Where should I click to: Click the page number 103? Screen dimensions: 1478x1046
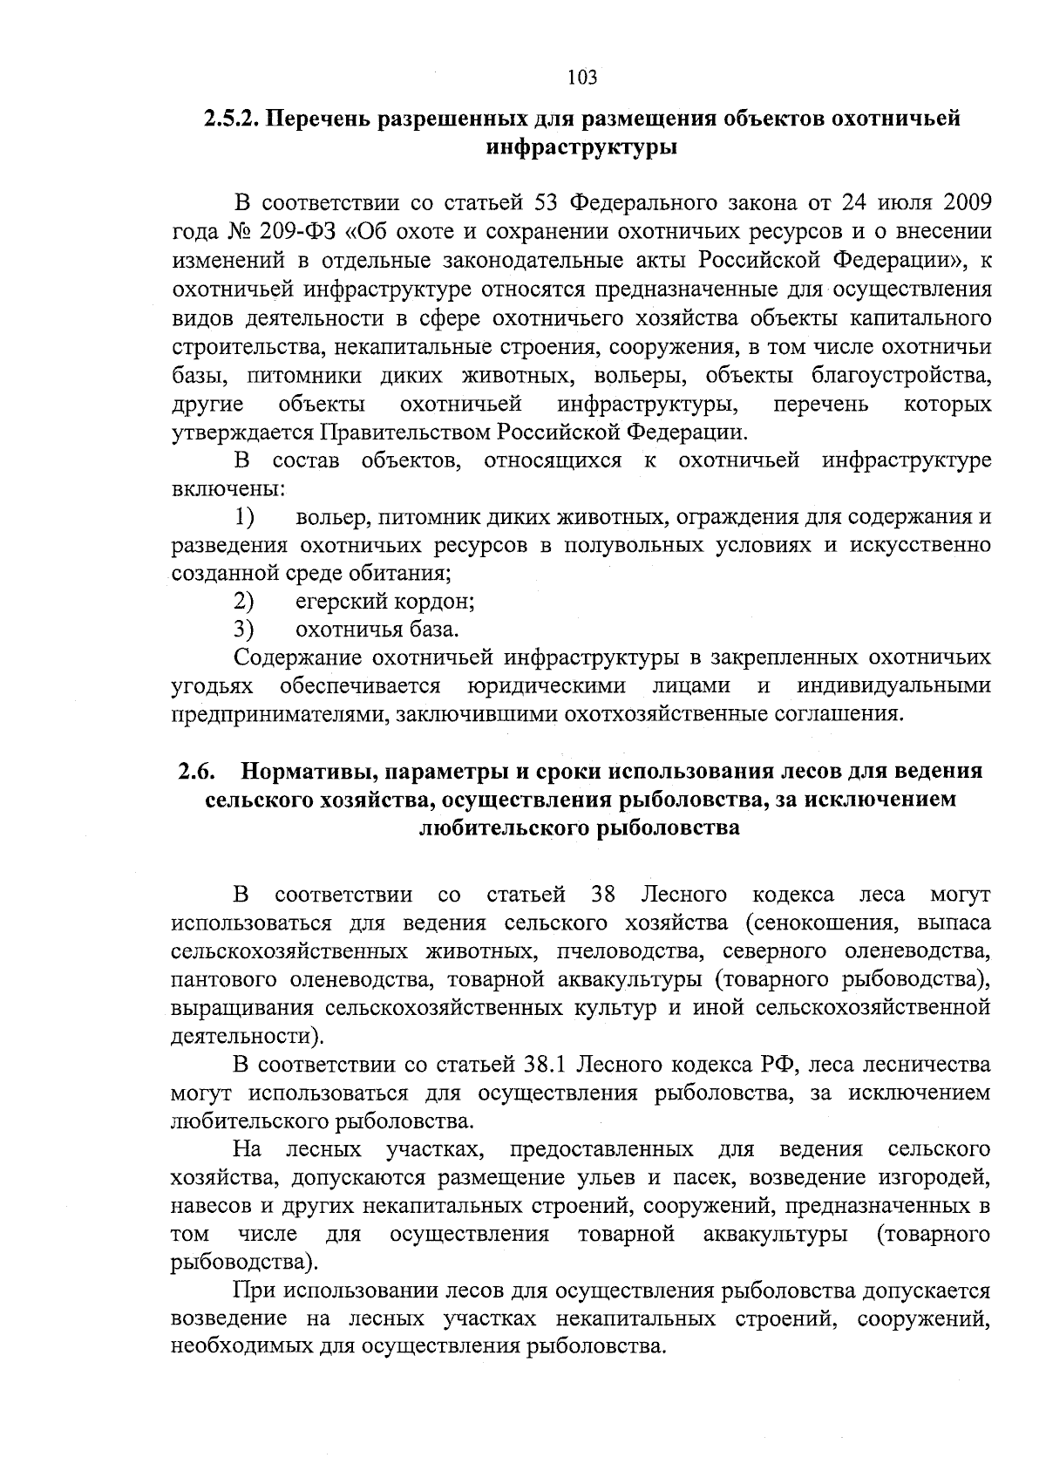point(582,78)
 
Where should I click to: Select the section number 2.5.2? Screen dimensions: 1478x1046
point(231,119)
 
